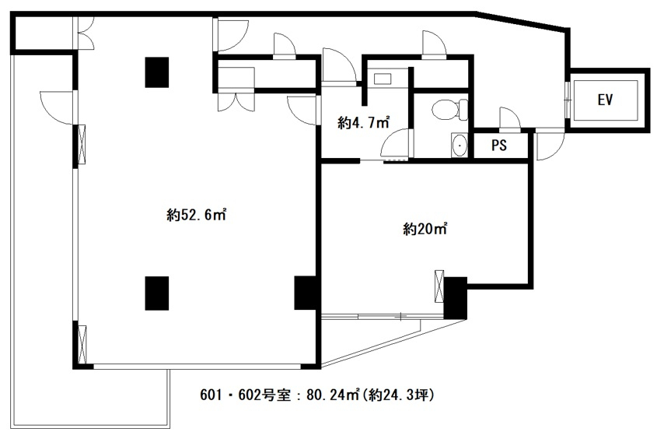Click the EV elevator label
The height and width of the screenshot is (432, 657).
coord(605,100)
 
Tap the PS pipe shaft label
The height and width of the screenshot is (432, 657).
coord(499,145)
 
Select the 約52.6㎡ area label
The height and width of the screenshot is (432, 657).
coord(196,215)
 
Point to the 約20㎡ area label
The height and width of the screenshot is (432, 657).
coord(425,229)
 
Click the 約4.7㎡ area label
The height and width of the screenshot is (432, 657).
coord(363,123)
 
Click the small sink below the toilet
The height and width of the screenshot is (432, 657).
coord(460,145)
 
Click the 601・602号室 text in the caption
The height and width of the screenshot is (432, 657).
coord(245,395)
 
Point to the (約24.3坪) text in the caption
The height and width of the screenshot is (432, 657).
coord(397,395)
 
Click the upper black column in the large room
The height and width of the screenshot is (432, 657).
coord(157,72)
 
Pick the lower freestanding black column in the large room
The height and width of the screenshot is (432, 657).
coord(157,293)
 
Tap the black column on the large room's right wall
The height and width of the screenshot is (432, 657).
coord(306,293)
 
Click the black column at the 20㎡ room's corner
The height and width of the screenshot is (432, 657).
coord(456,298)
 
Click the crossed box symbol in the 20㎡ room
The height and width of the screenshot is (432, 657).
coord(439,286)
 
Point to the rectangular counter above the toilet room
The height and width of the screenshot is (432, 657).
coord(382,79)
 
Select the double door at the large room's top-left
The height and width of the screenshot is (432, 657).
coord(84,33)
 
